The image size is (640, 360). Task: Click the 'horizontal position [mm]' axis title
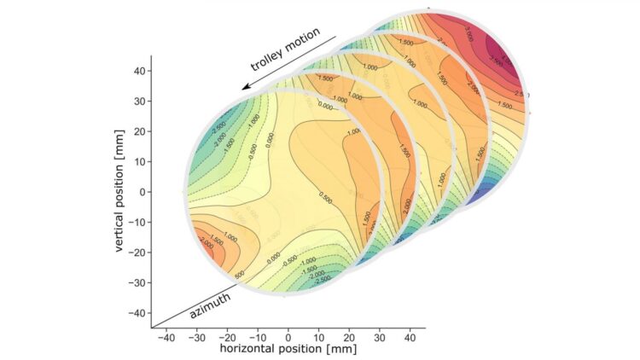pos(288,349)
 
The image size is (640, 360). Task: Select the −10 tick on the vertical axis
pos(137,222)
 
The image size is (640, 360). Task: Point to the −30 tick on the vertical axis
pos(137,282)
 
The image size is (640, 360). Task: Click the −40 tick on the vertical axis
pos(137,313)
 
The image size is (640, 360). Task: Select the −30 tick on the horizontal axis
pos(196,336)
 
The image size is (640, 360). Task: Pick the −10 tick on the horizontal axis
pos(258,336)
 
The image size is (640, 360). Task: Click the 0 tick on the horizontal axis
pos(288,336)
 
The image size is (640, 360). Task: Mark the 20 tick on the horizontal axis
pos(349,336)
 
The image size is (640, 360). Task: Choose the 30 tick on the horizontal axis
pos(379,336)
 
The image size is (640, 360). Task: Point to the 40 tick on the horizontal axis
pos(410,336)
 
